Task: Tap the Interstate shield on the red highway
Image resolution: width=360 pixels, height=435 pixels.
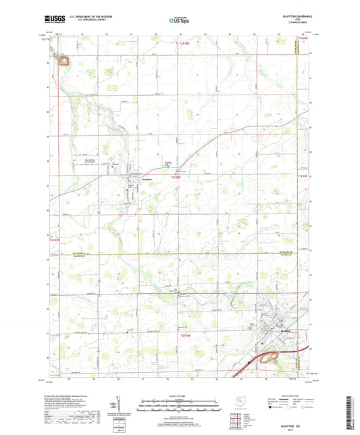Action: [x=249, y=362]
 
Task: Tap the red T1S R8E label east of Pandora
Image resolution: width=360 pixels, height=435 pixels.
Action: [x=177, y=178]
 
